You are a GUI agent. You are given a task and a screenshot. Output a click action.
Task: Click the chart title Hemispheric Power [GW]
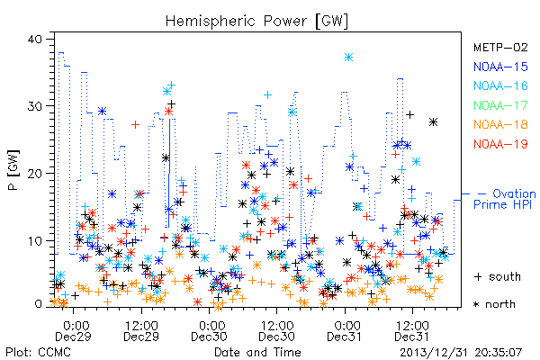[x=256, y=22]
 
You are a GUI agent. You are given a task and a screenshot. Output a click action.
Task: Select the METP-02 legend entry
[x=500, y=47]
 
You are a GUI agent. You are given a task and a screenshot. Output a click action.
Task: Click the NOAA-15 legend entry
[x=500, y=67]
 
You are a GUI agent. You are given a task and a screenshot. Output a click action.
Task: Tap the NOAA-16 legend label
[x=500, y=85]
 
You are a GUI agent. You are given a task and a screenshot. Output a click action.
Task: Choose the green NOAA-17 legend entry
[x=500, y=105]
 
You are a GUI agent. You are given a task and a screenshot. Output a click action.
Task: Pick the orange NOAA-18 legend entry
[x=500, y=124]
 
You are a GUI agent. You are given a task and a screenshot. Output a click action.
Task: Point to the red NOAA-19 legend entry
[x=500, y=144]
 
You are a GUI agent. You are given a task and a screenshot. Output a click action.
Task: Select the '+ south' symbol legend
[x=498, y=276]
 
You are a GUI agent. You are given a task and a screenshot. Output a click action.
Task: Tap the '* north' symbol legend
[x=494, y=304]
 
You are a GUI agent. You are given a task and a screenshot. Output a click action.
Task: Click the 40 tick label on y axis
[x=34, y=39]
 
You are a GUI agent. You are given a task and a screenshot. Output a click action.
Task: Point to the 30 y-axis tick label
[x=34, y=106]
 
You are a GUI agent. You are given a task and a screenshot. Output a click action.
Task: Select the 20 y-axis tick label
[x=34, y=174]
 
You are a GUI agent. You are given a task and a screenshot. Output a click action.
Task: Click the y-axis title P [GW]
[x=13, y=170]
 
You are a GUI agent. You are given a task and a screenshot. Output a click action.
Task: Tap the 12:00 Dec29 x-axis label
[x=141, y=330]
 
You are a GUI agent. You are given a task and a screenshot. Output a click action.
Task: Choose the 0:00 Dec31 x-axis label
[x=345, y=330]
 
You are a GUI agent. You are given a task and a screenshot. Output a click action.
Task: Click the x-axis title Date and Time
[x=257, y=352]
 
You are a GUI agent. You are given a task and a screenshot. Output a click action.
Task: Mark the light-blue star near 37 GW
[x=348, y=58]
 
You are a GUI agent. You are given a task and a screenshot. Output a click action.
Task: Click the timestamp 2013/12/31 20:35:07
[x=461, y=353]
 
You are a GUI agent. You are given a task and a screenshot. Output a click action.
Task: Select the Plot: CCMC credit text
[x=39, y=352]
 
